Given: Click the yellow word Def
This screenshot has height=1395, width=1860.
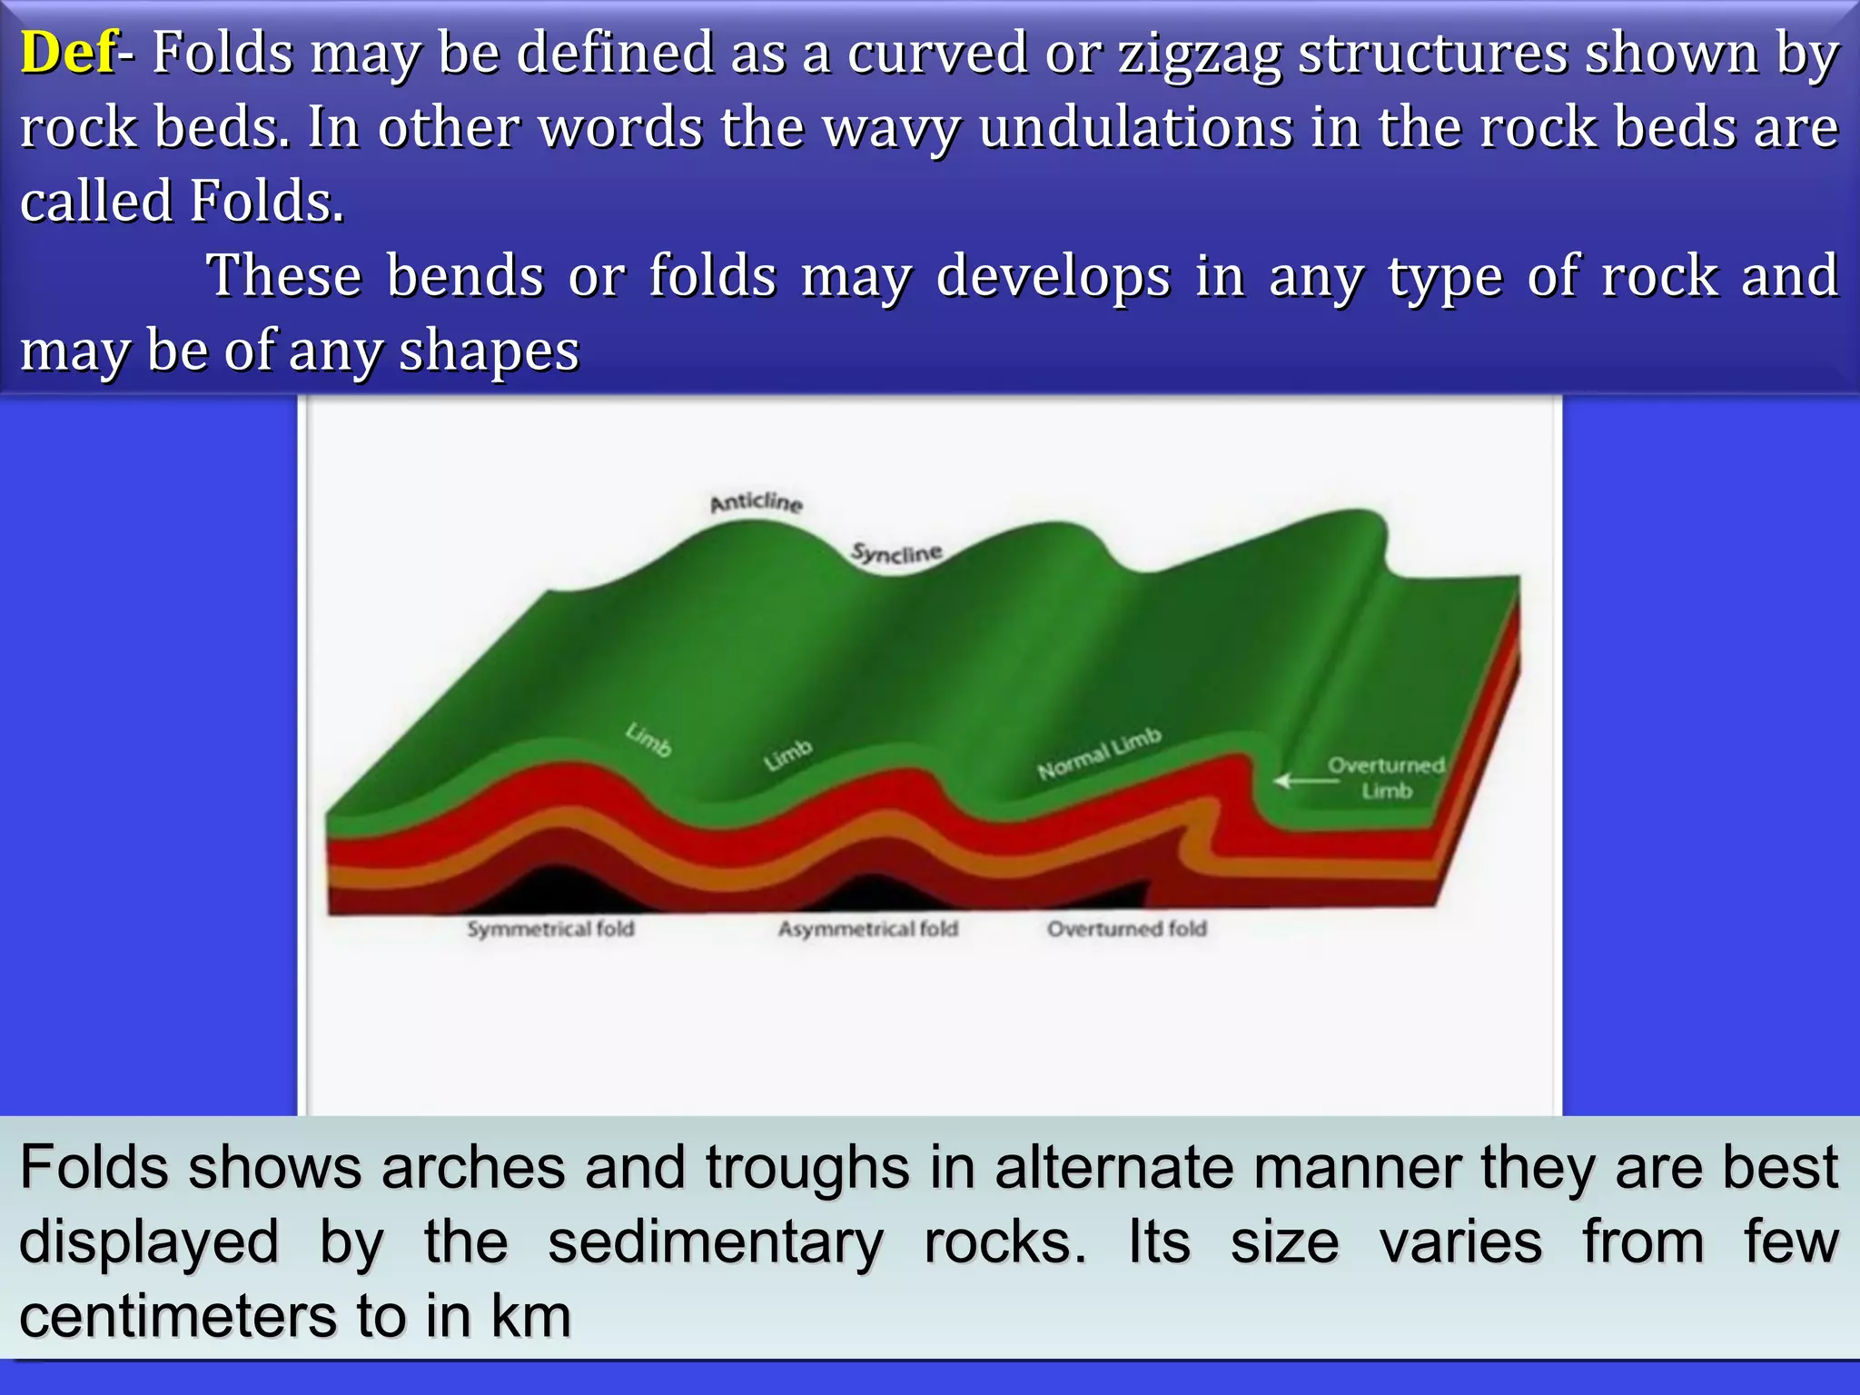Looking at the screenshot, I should coord(68,53).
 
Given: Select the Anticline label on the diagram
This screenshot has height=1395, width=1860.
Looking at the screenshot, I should coord(756,502).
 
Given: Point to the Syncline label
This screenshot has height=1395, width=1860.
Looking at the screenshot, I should coord(896,552).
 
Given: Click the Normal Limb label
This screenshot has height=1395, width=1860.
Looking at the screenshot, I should coord(1099,754).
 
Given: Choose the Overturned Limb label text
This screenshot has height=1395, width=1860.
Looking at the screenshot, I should coord(1386,777).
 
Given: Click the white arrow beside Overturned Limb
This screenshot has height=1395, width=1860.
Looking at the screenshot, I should coord(1304,780).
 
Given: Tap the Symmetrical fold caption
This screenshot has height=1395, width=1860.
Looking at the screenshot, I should coord(550,928).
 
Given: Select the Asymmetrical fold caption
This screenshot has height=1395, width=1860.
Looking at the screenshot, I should coord(867,928).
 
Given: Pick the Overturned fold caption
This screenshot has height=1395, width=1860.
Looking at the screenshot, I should coord(1126,928).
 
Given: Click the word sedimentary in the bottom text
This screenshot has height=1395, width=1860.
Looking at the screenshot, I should coord(715,1242).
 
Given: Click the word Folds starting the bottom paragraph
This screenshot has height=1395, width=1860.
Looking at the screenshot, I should coord(94,1168).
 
